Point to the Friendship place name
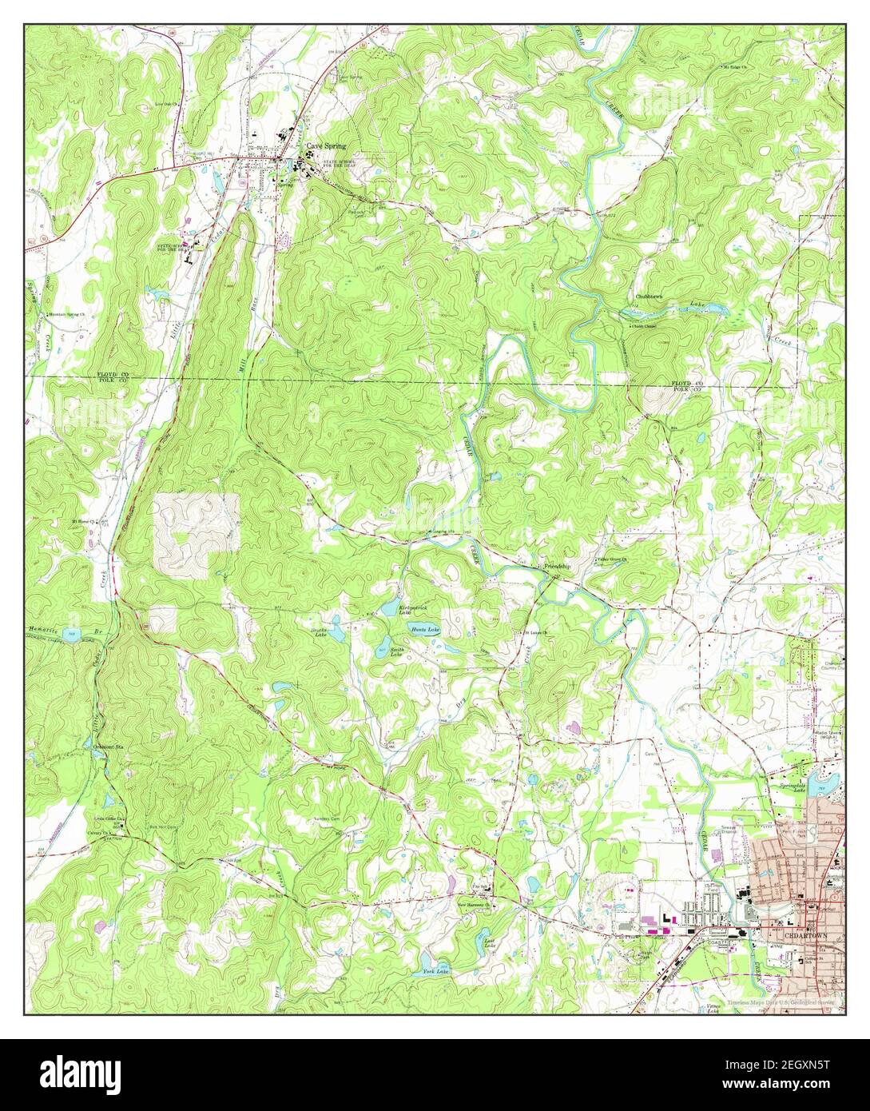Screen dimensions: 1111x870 558,567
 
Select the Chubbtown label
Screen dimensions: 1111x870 649,297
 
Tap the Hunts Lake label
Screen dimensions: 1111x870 425,630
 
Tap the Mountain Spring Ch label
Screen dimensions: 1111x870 70,314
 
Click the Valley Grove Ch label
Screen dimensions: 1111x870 613,559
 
